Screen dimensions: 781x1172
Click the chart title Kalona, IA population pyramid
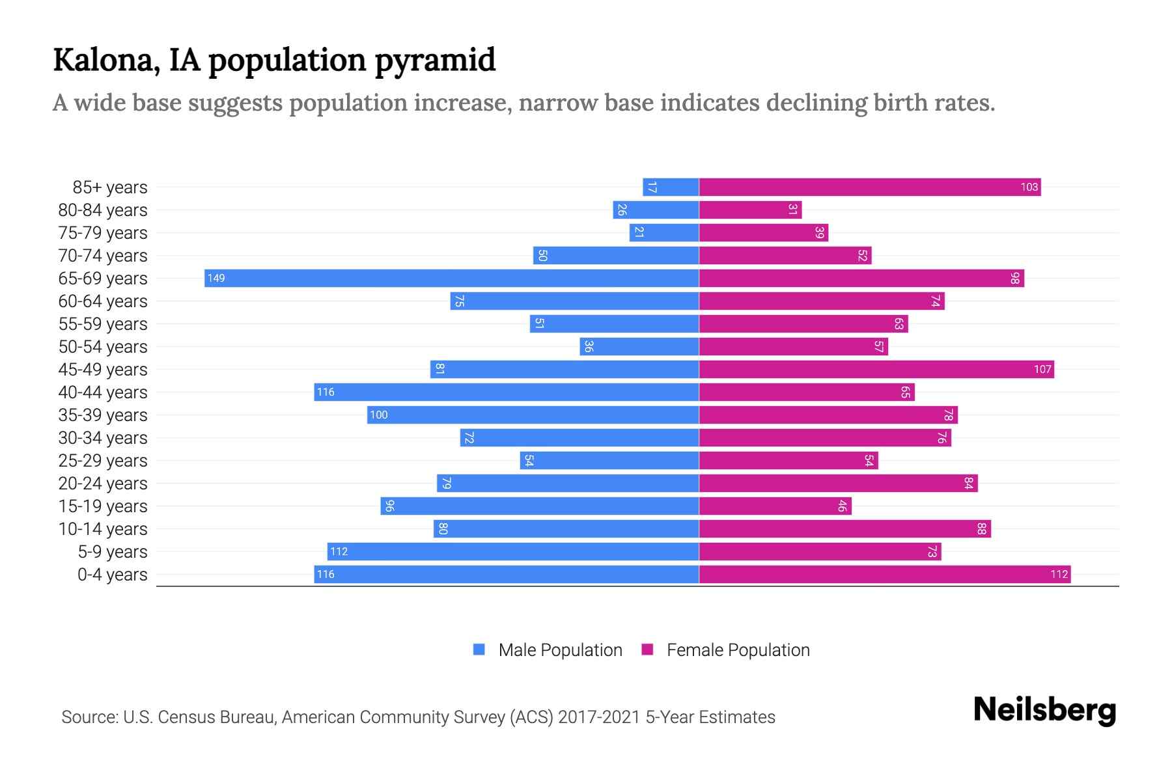tap(274, 61)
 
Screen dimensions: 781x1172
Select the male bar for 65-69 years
tap(451, 279)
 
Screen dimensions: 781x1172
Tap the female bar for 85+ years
tap(869, 187)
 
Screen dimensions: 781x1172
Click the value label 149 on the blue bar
tap(216, 279)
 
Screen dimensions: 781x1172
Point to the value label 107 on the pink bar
tap(1042, 370)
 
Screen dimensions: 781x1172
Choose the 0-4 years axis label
tap(112, 575)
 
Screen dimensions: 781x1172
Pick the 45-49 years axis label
tap(103, 370)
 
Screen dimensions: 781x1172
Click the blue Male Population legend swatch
tap(479, 650)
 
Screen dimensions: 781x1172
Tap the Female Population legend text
tap(738, 650)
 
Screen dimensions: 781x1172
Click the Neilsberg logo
tap(1044, 710)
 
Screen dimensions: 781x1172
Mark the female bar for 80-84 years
tap(750, 210)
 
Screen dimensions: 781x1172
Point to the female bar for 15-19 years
tap(775, 506)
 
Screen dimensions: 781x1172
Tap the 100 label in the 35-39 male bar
tap(378, 415)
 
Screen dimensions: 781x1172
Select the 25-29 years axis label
tap(103, 461)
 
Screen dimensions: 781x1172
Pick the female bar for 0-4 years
tap(884, 575)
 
